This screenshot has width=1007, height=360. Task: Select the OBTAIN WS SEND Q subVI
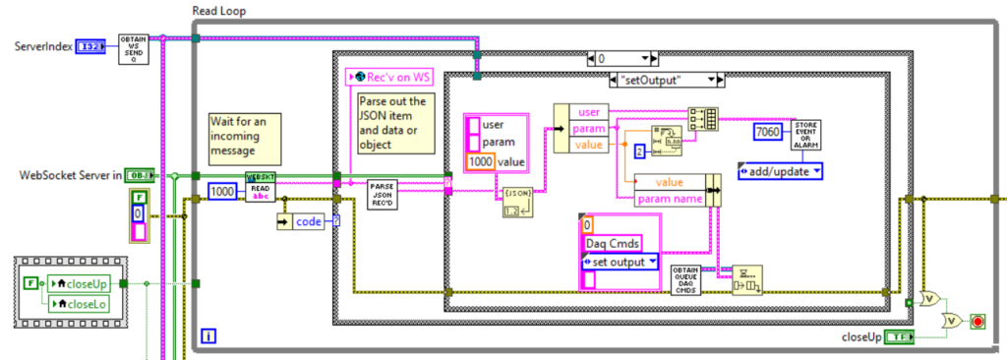(x=134, y=47)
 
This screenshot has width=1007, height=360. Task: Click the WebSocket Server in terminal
(x=140, y=175)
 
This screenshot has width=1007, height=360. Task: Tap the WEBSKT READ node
(x=261, y=187)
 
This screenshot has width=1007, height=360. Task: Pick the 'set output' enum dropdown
(x=620, y=262)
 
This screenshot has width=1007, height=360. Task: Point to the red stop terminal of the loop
(x=977, y=323)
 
